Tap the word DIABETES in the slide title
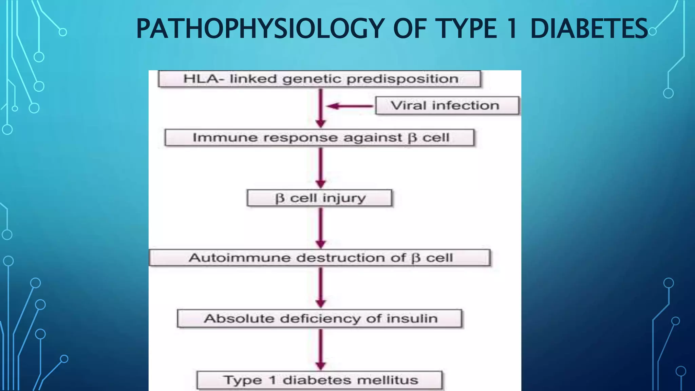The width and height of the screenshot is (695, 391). (x=588, y=29)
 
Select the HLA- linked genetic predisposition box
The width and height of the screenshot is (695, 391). (x=319, y=79)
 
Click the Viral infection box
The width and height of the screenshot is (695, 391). (x=447, y=106)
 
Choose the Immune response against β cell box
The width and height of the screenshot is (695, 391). (x=319, y=137)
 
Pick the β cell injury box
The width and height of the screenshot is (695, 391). (x=319, y=198)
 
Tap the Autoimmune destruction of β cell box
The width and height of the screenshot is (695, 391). (x=319, y=258)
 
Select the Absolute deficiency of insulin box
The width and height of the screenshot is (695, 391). (x=319, y=318)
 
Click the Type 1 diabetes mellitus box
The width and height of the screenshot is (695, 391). (x=319, y=380)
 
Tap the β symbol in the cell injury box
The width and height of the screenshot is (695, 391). (x=280, y=198)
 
